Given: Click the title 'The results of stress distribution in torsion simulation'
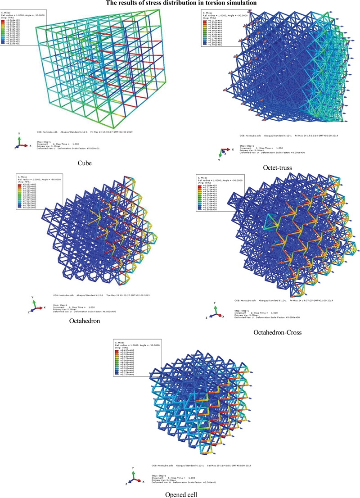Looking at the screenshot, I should [x=180, y=3].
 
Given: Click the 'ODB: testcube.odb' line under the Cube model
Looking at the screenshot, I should [x=86, y=132].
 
